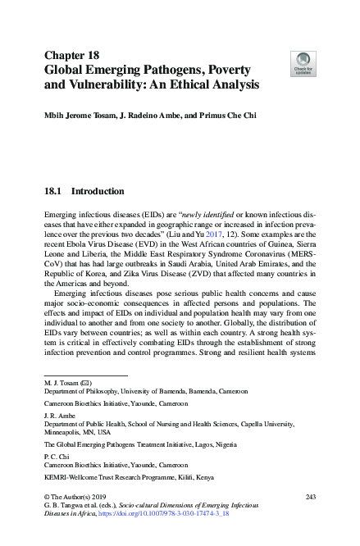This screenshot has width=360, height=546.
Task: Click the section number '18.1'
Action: click(x=54, y=192)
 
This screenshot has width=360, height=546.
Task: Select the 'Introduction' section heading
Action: click(x=98, y=192)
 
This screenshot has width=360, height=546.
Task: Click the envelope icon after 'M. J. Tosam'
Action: click(x=86, y=383)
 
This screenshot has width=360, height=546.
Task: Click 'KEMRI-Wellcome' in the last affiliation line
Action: click(x=71, y=476)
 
